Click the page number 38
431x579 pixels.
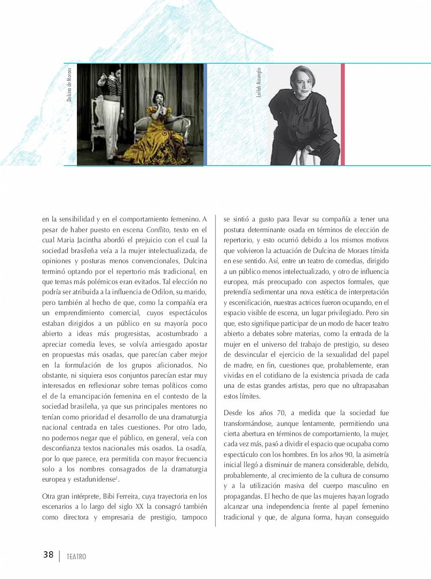[x=48, y=554]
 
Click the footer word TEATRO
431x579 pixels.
[x=77, y=557]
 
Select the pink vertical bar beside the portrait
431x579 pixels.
[x=343, y=115]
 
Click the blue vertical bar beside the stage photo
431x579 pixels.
[x=205, y=115]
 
